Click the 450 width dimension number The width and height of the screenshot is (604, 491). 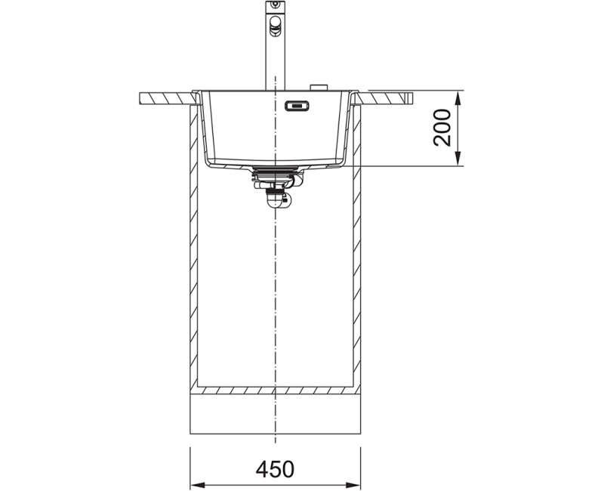pyautogui.click(x=275, y=468)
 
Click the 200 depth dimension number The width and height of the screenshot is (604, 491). pyautogui.click(x=442, y=128)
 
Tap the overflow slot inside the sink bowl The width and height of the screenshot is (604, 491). pyautogui.click(x=297, y=106)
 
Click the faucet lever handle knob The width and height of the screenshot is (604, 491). pyautogui.click(x=275, y=23)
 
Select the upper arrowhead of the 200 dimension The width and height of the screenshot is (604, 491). pyautogui.click(x=458, y=98)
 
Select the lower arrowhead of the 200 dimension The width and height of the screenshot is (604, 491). pyautogui.click(x=458, y=159)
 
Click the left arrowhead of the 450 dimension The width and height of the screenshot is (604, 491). pyautogui.click(x=198, y=484)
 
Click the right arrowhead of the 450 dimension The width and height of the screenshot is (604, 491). pyautogui.click(x=353, y=484)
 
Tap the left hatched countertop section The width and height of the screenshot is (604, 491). pyautogui.click(x=168, y=98)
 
